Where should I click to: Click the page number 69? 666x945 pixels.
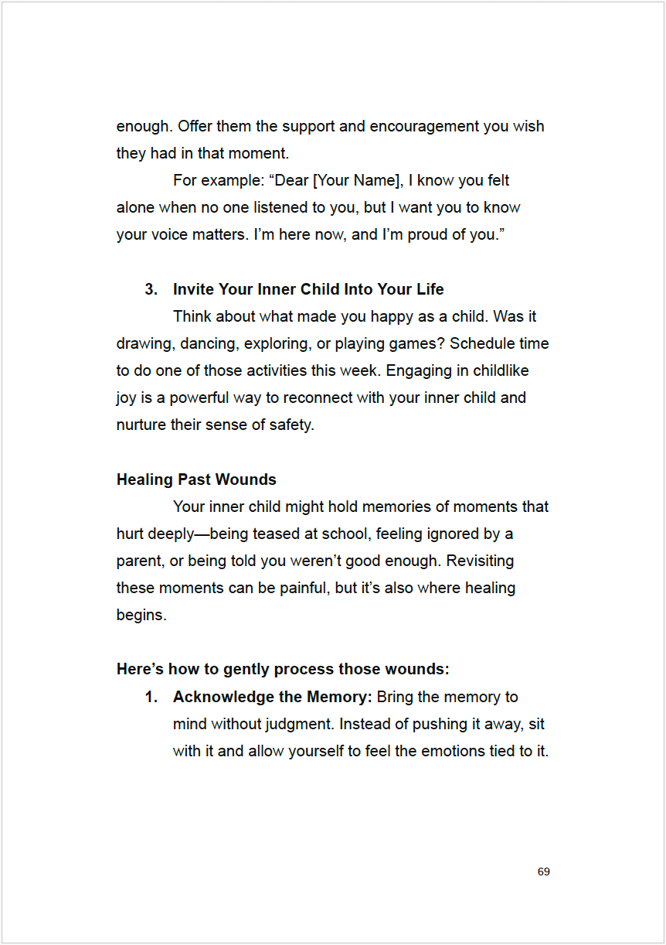543,872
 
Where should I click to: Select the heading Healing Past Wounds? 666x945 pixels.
196,479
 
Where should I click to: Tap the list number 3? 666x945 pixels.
151,289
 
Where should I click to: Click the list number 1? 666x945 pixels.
151,697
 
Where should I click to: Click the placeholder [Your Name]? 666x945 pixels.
355,180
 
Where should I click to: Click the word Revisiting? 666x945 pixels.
480,561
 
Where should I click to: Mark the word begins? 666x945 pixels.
141,616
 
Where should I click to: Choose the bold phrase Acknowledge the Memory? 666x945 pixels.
273,697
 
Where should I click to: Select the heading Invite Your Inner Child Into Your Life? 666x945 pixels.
308,289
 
